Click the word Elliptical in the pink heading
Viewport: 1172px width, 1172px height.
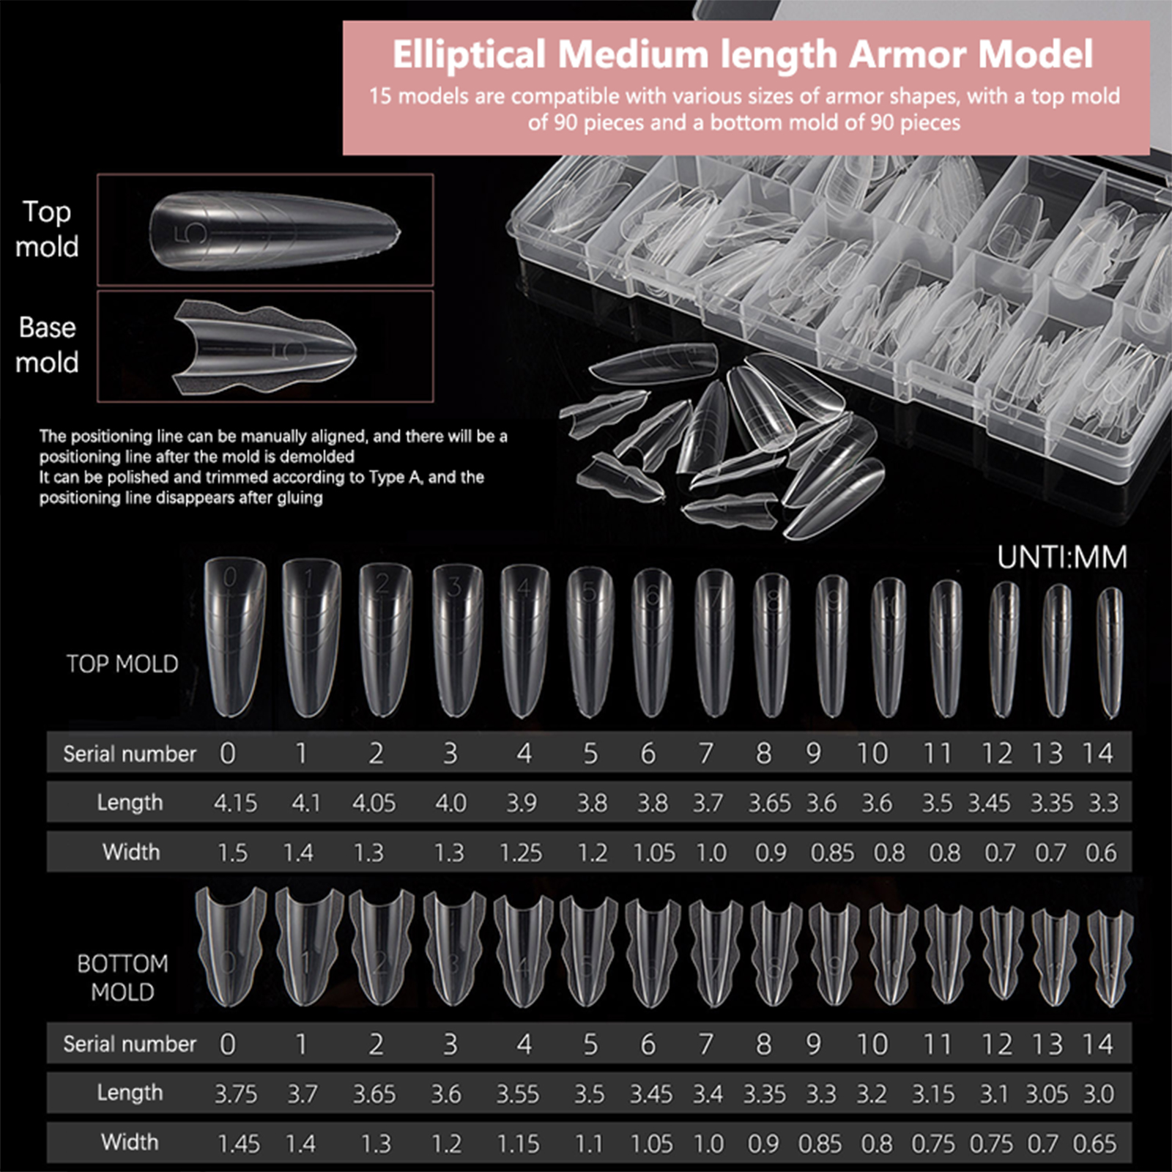pyautogui.click(x=469, y=55)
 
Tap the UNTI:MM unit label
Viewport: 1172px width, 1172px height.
pyautogui.click(x=1061, y=558)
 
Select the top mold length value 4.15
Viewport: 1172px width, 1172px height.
pyautogui.click(x=235, y=804)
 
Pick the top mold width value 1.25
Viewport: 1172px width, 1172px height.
pyautogui.click(x=520, y=853)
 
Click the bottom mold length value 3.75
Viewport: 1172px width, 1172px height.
pyautogui.click(x=235, y=1094)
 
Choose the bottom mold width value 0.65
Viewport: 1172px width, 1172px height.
pyautogui.click(x=1094, y=1143)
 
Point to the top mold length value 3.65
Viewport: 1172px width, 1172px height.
pyautogui.click(x=769, y=804)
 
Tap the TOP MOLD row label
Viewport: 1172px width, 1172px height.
pyautogui.click(x=122, y=664)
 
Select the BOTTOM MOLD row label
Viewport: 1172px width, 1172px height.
pyautogui.click(x=122, y=977)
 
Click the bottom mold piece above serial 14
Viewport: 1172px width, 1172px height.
pyautogui.click(x=1109, y=956)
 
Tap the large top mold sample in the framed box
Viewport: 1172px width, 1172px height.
pyautogui.click(x=275, y=231)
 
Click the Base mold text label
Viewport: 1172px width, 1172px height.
pyautogui.click(x=47, y=344)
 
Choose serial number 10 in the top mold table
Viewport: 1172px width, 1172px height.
pyautogui.click(x=872, y=754)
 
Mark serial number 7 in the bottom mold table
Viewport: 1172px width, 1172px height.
pyautogui.click(x=705, y=1045)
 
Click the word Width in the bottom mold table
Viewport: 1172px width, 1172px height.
pyautogui.click(x=130, y=1142)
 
